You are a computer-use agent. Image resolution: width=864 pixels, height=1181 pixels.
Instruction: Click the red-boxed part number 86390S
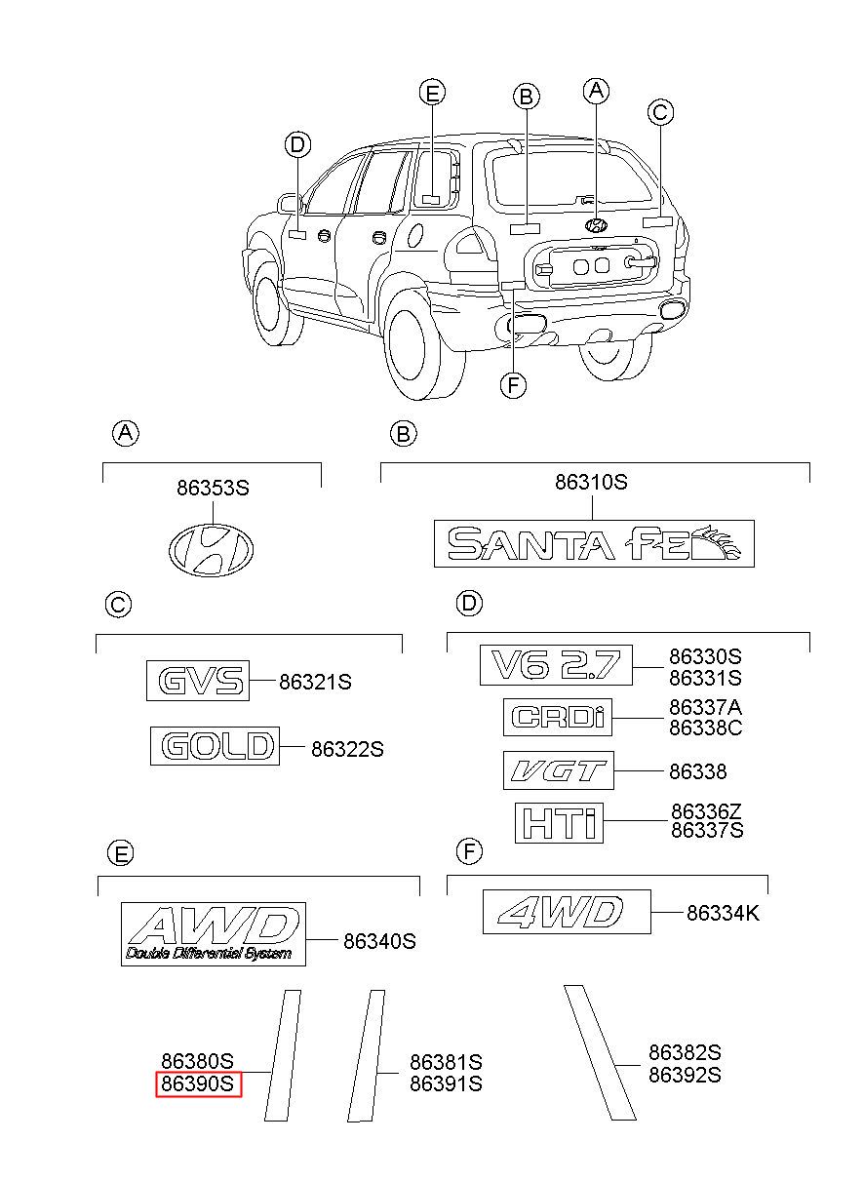click(198, 1084)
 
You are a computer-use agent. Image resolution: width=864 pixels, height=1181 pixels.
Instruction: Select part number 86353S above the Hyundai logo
click(213, 489)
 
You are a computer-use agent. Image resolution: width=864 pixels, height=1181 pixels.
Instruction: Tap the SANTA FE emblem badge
click(594, 543)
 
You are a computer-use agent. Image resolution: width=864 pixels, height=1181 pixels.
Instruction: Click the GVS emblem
click(198, 681)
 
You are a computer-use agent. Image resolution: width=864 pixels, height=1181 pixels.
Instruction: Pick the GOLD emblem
click(215, 746)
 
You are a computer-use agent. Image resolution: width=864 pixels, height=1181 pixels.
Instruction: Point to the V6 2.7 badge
click(556, 665)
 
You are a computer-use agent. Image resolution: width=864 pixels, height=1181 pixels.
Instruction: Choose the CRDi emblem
click(558, 717)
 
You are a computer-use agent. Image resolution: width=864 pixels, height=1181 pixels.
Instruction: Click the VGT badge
click(559, 770)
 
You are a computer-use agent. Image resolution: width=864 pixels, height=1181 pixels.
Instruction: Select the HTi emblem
click(559, 823)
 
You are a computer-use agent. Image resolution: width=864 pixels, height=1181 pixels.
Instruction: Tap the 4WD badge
click(567, 912)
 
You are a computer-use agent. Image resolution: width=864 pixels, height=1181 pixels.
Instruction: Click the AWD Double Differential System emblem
click(214, 934)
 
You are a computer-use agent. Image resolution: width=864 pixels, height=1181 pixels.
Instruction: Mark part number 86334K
click(723, 913)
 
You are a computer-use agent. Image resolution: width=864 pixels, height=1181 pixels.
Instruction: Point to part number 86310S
click(592, 482)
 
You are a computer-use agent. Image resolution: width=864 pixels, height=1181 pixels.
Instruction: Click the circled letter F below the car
click(513, 386)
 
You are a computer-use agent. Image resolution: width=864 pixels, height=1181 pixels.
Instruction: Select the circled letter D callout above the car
click(297, 144)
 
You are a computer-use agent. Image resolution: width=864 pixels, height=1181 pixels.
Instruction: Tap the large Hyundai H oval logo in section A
click(211, 549)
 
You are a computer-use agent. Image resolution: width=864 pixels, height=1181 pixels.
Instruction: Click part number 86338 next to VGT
click(698, 771)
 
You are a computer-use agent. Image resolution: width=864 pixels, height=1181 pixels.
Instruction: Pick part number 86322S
click(347, 749)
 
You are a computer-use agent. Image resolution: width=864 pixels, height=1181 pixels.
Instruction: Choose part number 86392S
click(685, 1075)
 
